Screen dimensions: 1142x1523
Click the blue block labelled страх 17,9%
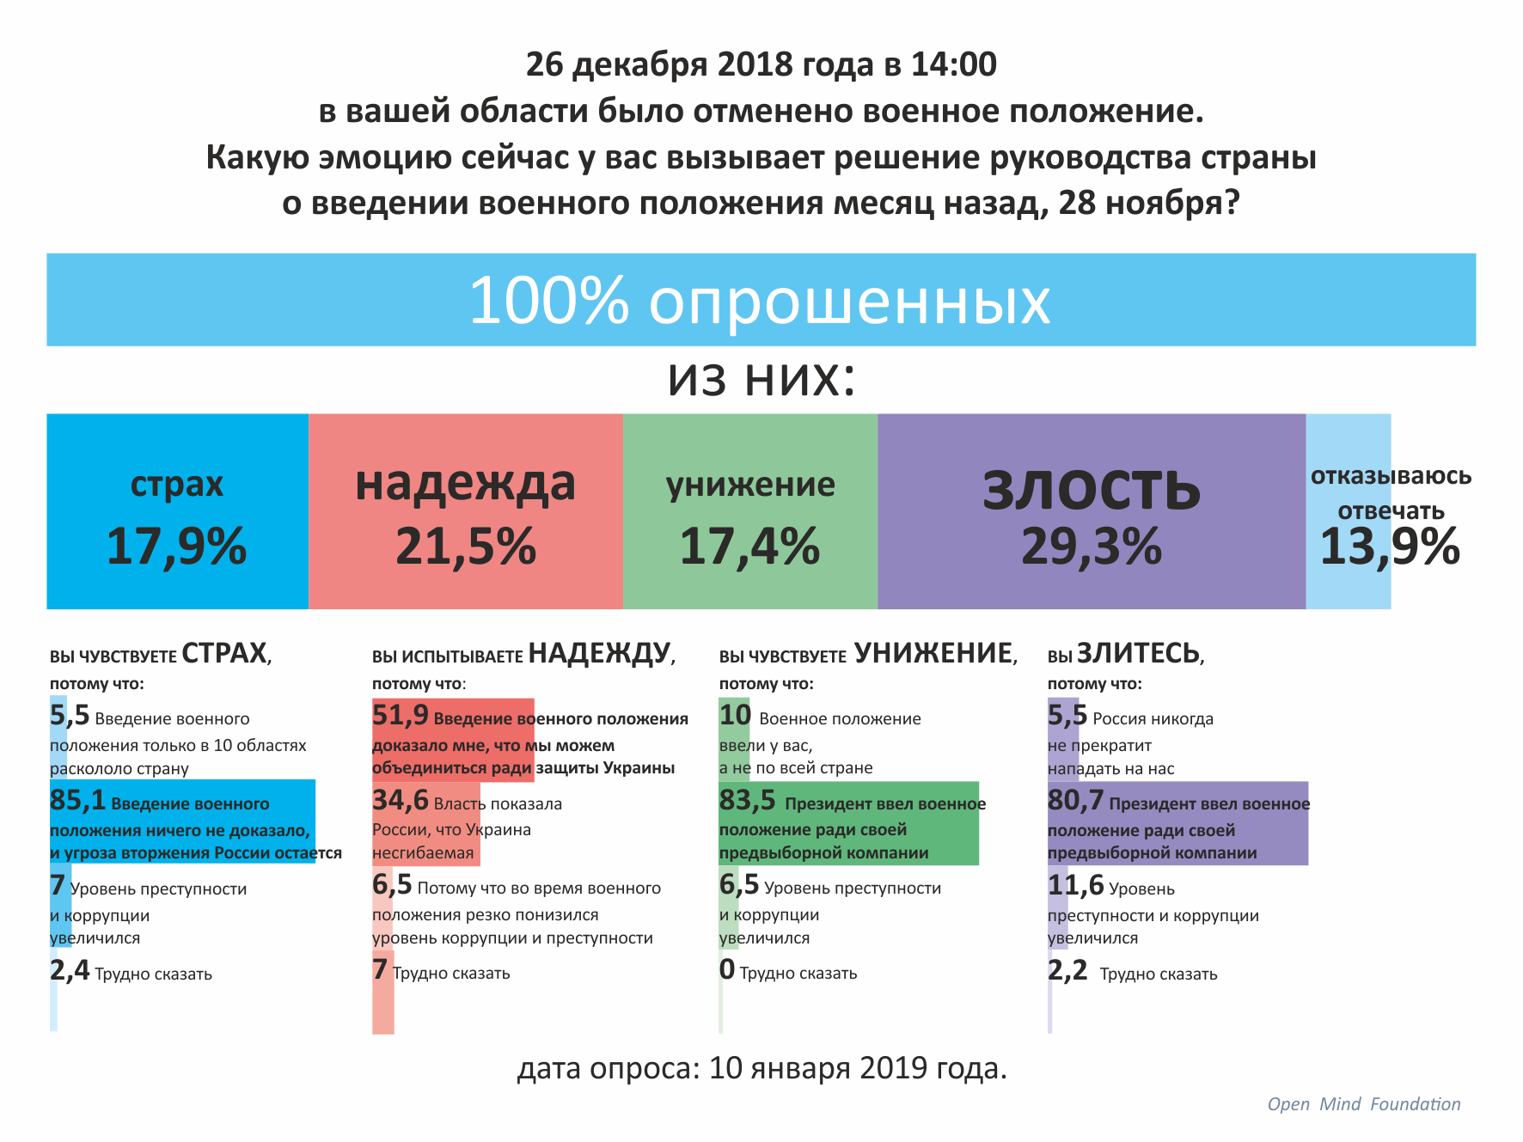[177, 512]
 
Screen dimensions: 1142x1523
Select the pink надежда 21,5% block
[465, 512]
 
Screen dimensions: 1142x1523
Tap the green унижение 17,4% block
[749, 512]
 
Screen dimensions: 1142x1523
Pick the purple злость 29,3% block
[1091, 512]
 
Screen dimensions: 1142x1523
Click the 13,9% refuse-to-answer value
[1389, 547]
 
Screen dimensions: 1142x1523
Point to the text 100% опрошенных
[760, 301]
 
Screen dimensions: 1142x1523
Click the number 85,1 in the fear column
[77, 801]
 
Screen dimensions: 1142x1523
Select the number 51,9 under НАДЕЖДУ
[400, 715]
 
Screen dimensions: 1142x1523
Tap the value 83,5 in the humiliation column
[747, 801]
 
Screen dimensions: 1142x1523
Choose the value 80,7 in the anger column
[1075, 801]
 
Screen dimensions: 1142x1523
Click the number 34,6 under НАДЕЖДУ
[400, 801]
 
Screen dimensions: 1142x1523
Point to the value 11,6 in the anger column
[1075, 885]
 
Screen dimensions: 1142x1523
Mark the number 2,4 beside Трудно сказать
[70, 971]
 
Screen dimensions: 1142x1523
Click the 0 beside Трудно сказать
[727, 970]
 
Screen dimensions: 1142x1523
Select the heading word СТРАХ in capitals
[225, 654]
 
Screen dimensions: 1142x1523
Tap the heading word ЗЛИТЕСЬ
[1139, 654]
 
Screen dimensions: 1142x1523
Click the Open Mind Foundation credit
[1364, 1104]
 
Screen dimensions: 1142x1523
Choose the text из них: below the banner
[761, 379]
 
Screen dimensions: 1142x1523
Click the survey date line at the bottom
[761, 1068]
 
